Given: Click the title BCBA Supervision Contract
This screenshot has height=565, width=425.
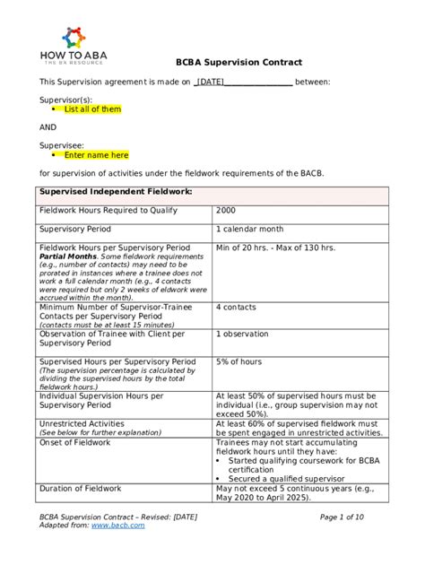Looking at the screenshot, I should click(238, 63).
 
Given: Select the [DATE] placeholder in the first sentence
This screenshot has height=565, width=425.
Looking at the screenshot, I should click(211, 82).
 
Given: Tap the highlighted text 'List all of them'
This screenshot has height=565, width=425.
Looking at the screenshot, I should click(92, 109).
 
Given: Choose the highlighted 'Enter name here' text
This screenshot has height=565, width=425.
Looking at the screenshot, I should click(96, 155).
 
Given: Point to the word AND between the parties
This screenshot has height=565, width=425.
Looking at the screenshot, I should click(48, 127).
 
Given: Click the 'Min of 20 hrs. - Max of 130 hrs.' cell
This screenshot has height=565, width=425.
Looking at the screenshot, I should click(275, 248).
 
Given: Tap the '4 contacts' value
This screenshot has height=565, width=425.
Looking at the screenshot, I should click(236, 307).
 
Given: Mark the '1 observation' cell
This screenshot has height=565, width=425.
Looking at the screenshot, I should click(241, 334).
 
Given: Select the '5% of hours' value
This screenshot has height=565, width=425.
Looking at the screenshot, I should click(239, 361).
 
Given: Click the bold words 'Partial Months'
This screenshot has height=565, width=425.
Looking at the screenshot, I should click(67, 256).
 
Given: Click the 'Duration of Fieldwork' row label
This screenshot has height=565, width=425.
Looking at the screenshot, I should click(80, 488).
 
